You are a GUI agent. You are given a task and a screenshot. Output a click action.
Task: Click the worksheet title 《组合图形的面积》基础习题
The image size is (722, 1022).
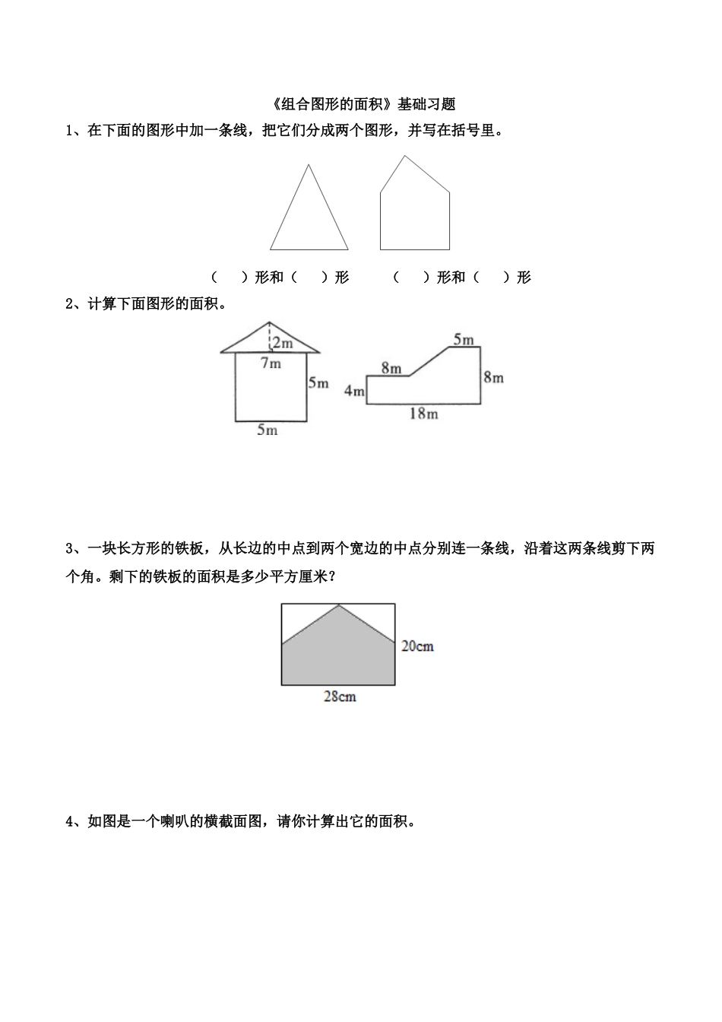361,103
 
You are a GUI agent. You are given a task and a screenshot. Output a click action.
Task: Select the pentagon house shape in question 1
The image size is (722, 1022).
414,213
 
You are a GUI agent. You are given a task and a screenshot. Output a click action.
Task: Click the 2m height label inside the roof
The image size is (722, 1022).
283,343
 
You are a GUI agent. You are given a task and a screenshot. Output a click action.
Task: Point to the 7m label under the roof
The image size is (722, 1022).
271,363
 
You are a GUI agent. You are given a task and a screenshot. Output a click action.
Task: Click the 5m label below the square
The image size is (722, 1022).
267,430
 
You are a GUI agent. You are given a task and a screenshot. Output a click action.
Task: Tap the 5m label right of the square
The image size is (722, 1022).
318,383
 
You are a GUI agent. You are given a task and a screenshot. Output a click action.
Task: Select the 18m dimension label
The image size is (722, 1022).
423,414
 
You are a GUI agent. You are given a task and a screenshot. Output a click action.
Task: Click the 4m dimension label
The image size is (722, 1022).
354,391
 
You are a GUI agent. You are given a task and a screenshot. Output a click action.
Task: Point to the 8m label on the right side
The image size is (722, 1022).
493,377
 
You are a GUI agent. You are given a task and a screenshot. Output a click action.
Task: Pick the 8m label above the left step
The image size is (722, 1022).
391,368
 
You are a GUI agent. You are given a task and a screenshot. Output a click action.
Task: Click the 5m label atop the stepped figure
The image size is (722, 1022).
464,340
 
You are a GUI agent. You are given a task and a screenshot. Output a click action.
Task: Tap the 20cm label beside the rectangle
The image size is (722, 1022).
417,646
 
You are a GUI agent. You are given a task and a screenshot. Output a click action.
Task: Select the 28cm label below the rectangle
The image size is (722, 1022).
340,697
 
